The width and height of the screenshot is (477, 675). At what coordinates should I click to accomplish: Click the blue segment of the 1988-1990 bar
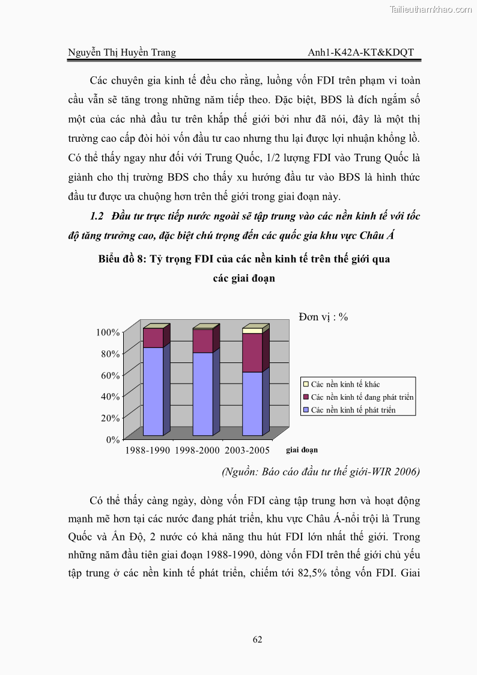coord(153,391)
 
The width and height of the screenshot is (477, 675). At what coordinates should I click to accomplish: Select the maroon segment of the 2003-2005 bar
coord(252,352)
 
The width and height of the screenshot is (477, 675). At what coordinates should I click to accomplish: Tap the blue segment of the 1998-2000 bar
coord(202,393)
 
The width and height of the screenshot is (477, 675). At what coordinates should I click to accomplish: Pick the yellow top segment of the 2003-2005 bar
coord(252,331)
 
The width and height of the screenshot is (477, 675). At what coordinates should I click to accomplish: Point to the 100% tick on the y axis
coord(108,332)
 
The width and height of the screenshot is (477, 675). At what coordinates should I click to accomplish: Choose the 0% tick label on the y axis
coord(113,439)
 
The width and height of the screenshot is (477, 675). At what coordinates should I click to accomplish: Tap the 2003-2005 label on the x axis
coord(246,450)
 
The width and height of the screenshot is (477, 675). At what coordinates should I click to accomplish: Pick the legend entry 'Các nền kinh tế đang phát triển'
coord(362,397)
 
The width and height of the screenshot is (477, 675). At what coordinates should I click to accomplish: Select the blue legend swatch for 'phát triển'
coord(306,411)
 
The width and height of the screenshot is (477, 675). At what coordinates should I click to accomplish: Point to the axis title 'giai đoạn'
coord(302,450)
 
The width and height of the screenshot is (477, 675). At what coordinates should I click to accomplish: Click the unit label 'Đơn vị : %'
coord(323,317)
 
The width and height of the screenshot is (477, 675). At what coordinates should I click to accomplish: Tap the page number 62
coord(257,640)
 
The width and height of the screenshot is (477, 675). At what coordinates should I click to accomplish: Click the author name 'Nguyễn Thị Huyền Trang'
coord(121,52)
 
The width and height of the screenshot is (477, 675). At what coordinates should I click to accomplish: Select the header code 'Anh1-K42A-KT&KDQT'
coord(360,52)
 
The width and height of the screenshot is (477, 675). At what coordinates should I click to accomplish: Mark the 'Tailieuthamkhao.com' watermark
coord(431,9)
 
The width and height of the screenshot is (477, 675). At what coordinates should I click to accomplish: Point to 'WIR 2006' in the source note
coord(400,472)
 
